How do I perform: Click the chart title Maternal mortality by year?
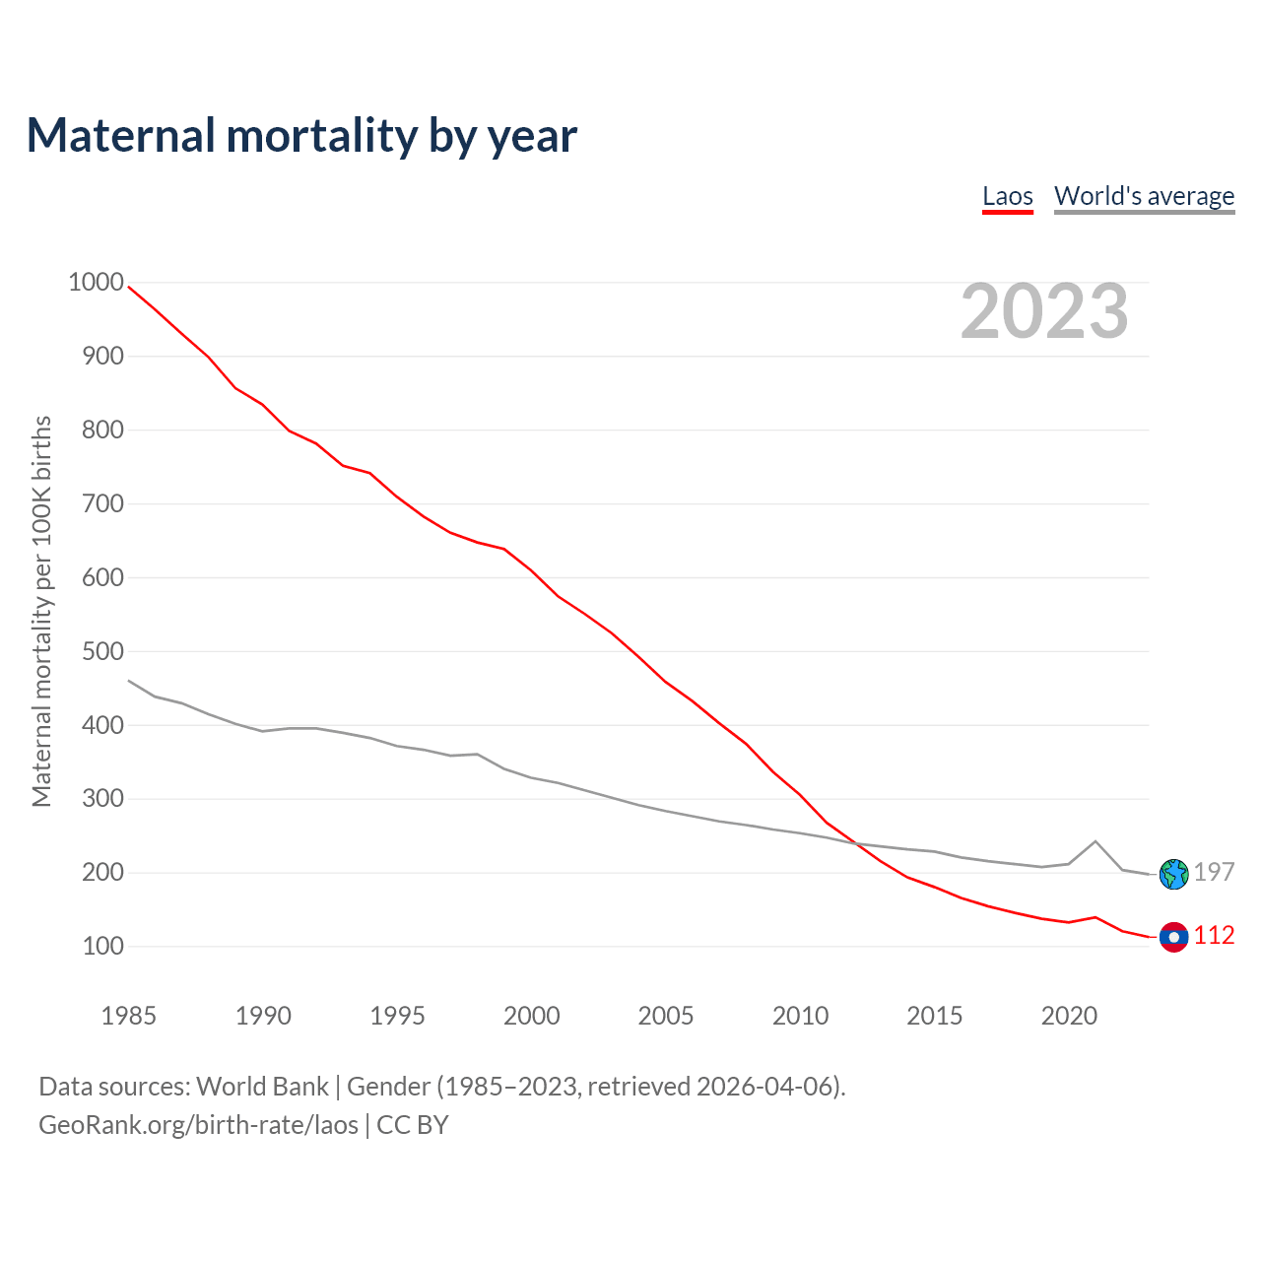coord(301,136)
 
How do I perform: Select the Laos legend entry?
coord(1008,196)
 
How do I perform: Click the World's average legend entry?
coord(1144,196)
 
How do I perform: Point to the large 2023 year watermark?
coord(1044,311)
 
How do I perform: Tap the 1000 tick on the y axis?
coord(97,283)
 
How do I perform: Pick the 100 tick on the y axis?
coord(101,946)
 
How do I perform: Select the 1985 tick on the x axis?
coord(128,1016)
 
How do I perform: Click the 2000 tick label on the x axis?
coord(532,1016)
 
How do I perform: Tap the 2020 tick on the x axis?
coord(1069,1016)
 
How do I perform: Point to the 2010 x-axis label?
coord(800,1016)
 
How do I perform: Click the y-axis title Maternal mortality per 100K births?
coord(41,611)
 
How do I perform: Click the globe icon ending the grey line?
coord(1173,874)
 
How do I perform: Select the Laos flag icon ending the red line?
coord(1173,937)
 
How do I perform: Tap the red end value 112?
coord(1214,936)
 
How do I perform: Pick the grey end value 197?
coord(1214,872)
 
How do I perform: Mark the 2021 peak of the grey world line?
coord(1095,841)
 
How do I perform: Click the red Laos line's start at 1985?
coord(129,287)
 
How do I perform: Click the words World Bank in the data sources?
coord(262,1087)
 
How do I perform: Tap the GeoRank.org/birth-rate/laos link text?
coord(198,1125)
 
